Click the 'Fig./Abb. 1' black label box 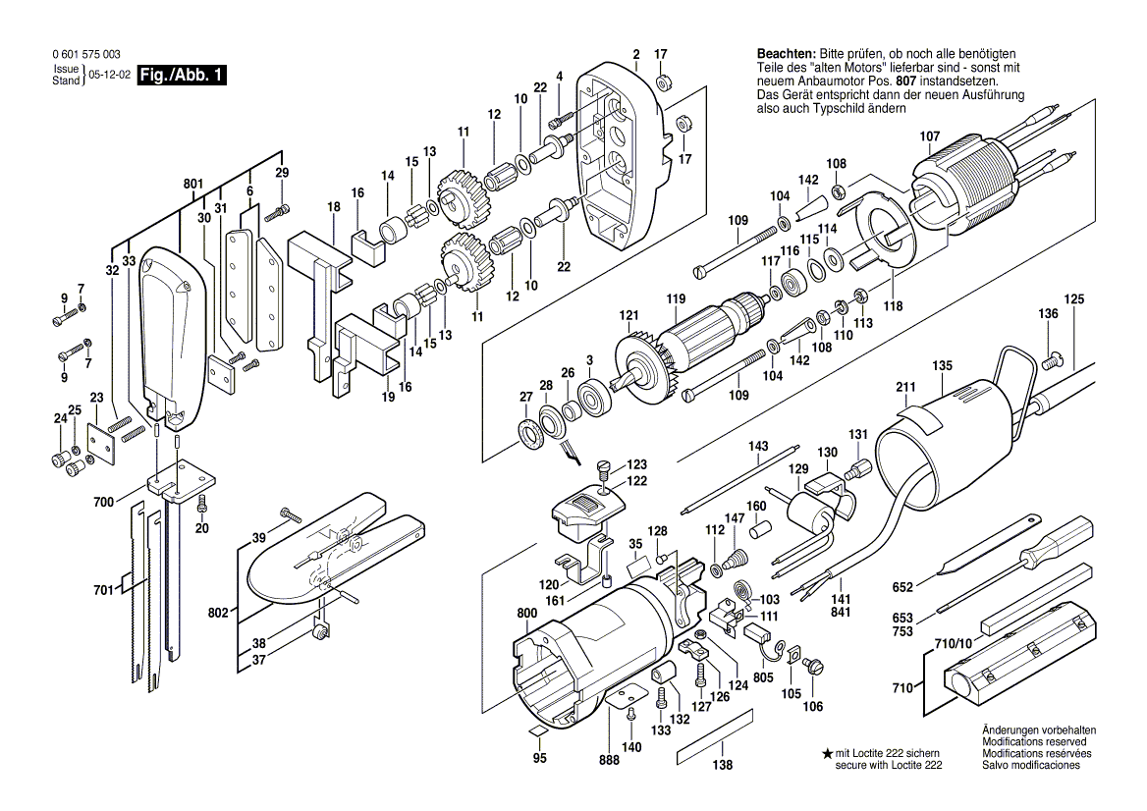pyautogui.click(x=182, y=75)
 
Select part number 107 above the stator pyautogui.click(x=929, y=135)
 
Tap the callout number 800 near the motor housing pyautogui.click(x=527, y=613)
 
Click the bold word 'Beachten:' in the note pyautogui.click(x=786, y=53)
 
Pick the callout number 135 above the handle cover pyautogui.click(x=942, y=365)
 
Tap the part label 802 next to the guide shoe pyautogui.click(x=218, y=613)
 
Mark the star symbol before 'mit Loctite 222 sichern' pyautogui.click(x=827, y=752)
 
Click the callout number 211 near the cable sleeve pyautogui.click(x=905, y=386)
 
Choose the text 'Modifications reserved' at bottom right pyautogui.click(x=1039, y=743)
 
